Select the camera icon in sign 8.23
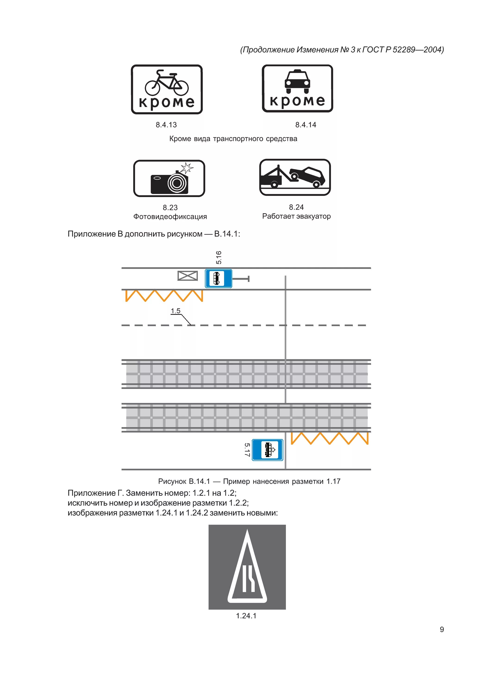click(x=169, y=183)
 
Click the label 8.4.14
click(x=306, y=125)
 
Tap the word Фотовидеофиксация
click(x=170, y=217)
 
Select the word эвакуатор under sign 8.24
click(x=313, y=216)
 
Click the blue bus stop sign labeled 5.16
click(x=219, y=278)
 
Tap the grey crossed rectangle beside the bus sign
click(x=188, y=276)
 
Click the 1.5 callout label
click(x=175, y=311)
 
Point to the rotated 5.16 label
click(x=219, y=257)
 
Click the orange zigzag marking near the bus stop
click(x=164, y=296)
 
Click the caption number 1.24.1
click(x=246, y=616)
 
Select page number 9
click(x=442, y=630)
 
